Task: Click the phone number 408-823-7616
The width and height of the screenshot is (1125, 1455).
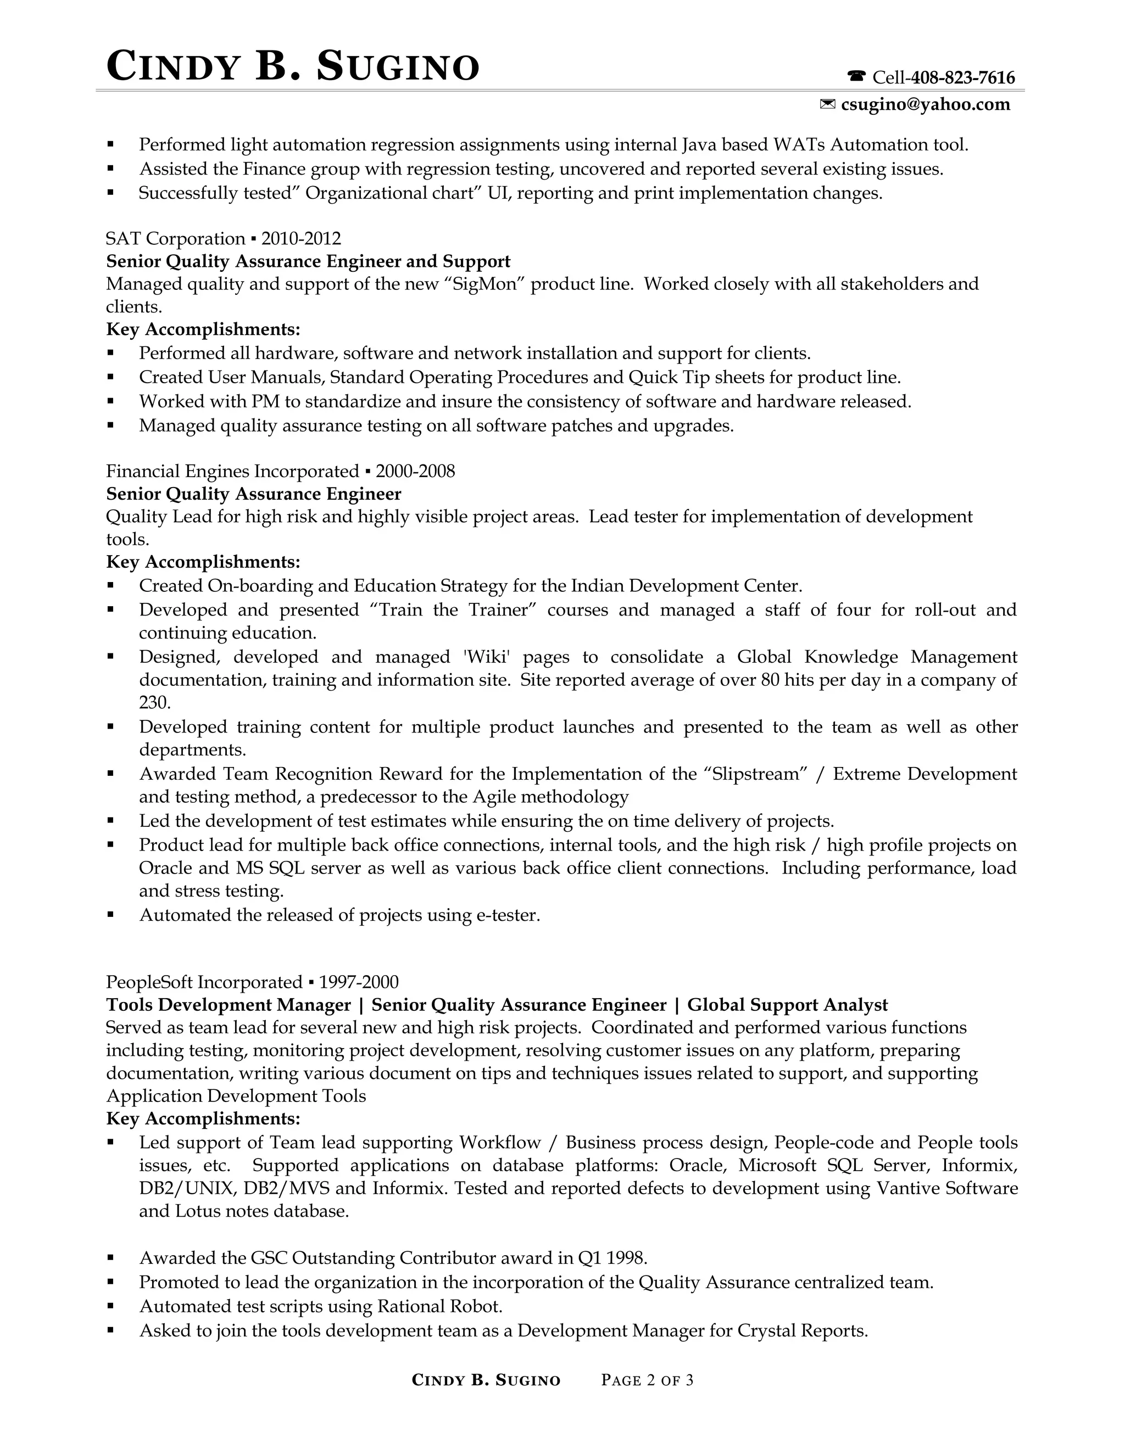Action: pyautogui.click(x=962, y=78)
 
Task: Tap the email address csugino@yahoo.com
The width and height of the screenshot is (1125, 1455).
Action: pyautogui.click(x=925, y=104)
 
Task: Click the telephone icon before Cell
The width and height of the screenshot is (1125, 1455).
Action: pyautogui.click(x=856, y=78)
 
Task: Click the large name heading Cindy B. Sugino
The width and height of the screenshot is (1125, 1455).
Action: pyautogui.click(x=293, y=68)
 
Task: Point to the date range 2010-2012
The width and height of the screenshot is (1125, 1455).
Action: pyautogui.click(x=300, y=238)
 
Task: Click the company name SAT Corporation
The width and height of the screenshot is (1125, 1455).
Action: pyautogui.click(x=175, y=238)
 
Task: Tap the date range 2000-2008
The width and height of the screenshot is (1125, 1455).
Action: pyautogui.click(x=415, y=472)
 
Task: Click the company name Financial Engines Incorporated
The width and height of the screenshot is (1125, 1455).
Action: pyautogui.click(x=232, y=472)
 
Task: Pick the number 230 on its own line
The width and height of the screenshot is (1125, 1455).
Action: pyautogui.click(x=154, y=703)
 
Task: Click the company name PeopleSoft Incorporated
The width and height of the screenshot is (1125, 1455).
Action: pyautogui.click(x=204, y=982)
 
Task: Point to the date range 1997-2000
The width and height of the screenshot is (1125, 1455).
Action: pyautogui.click(x=359, y=982)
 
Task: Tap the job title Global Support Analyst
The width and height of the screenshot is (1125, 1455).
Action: pyautogui.click(x=787, y=1005)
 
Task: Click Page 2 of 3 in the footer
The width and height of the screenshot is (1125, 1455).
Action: pyautogui.click(x=647, y=1380)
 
